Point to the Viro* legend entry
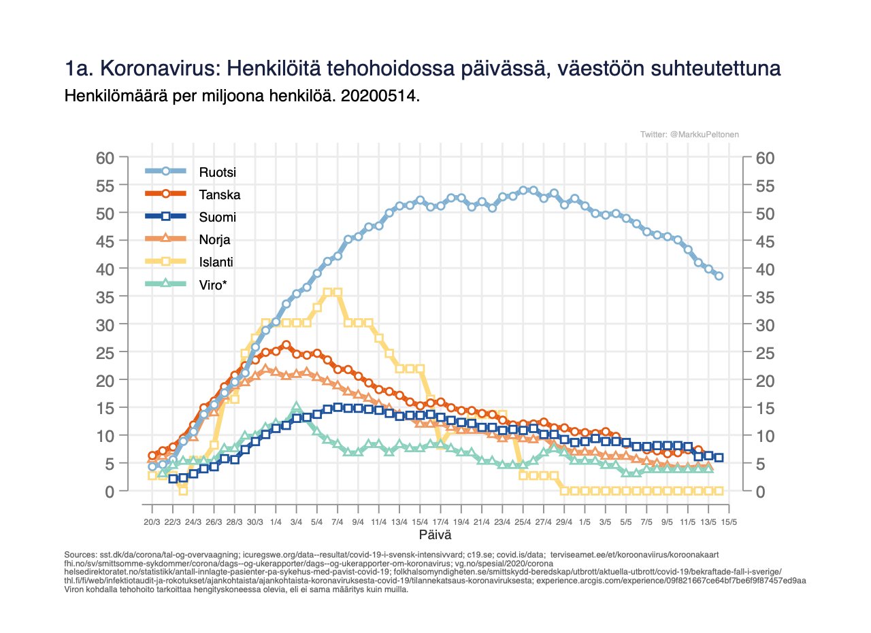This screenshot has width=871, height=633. tap(212, 286)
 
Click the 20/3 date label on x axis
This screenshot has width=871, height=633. tap(152, 522)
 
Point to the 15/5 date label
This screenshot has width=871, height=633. tap(729, 522)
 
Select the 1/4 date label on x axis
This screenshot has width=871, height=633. tap(276, 522)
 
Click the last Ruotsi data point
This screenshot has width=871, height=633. tap(719, 275)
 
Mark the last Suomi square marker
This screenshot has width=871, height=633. tap(719, 458)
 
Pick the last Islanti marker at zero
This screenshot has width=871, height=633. tap(719, 491)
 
